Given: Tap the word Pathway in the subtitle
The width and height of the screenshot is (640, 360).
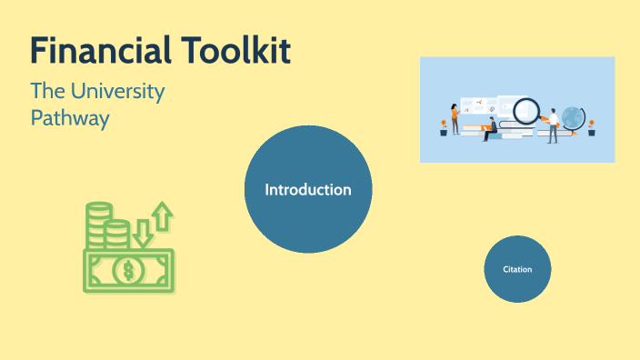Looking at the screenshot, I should (70, 118).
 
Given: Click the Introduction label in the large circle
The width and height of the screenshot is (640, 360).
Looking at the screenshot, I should (308, 190).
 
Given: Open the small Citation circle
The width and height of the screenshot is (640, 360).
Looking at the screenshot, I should (517, 269).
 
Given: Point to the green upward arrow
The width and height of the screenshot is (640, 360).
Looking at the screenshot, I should (162, 216).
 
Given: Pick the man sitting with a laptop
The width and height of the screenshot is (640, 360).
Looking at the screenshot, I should (489, 128).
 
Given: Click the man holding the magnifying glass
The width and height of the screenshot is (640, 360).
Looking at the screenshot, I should (552, 125).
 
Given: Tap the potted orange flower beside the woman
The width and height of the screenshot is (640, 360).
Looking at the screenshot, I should (444, 127).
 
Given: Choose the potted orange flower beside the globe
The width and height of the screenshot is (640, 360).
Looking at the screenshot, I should (591, 127).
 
